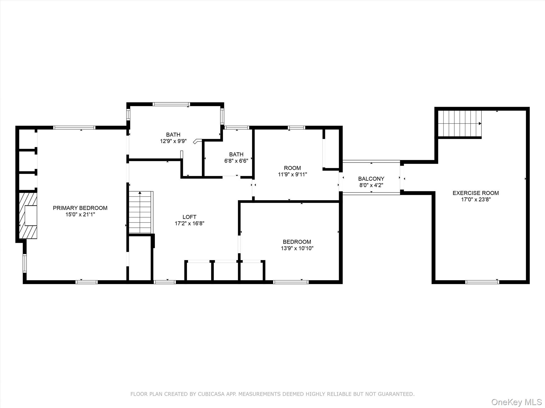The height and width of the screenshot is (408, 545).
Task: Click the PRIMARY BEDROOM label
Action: click(80, 208)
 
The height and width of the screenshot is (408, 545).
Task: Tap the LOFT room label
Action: click(189, 217)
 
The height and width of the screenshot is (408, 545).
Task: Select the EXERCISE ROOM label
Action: click(476, 193)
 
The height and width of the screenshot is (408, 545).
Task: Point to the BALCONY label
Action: click(371, 179)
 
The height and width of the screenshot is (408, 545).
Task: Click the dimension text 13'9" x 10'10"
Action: click(297, 248)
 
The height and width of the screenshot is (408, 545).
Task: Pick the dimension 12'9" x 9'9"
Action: click(173, 141)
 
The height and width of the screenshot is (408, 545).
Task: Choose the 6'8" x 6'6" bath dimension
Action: click(236, 161)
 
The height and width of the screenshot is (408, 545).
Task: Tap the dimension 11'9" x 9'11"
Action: click(292, 175)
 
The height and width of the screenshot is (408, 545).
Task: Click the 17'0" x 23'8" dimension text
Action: click(476, 199)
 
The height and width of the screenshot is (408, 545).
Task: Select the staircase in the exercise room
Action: click(460, 124)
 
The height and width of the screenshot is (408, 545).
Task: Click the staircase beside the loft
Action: click(141, 212)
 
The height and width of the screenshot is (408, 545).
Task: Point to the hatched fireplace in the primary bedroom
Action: click(28, 216)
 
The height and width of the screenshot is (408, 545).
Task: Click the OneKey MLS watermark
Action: click(517, 402)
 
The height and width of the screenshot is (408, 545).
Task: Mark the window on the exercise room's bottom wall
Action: click(482, 282)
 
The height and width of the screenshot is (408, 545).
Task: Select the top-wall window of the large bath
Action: click(171, 104)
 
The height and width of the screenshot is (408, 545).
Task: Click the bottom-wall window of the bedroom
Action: click(291, 282)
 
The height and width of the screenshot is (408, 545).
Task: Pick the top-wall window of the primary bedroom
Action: click(74, 127)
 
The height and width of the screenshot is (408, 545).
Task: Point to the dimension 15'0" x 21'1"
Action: click(80, 214)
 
